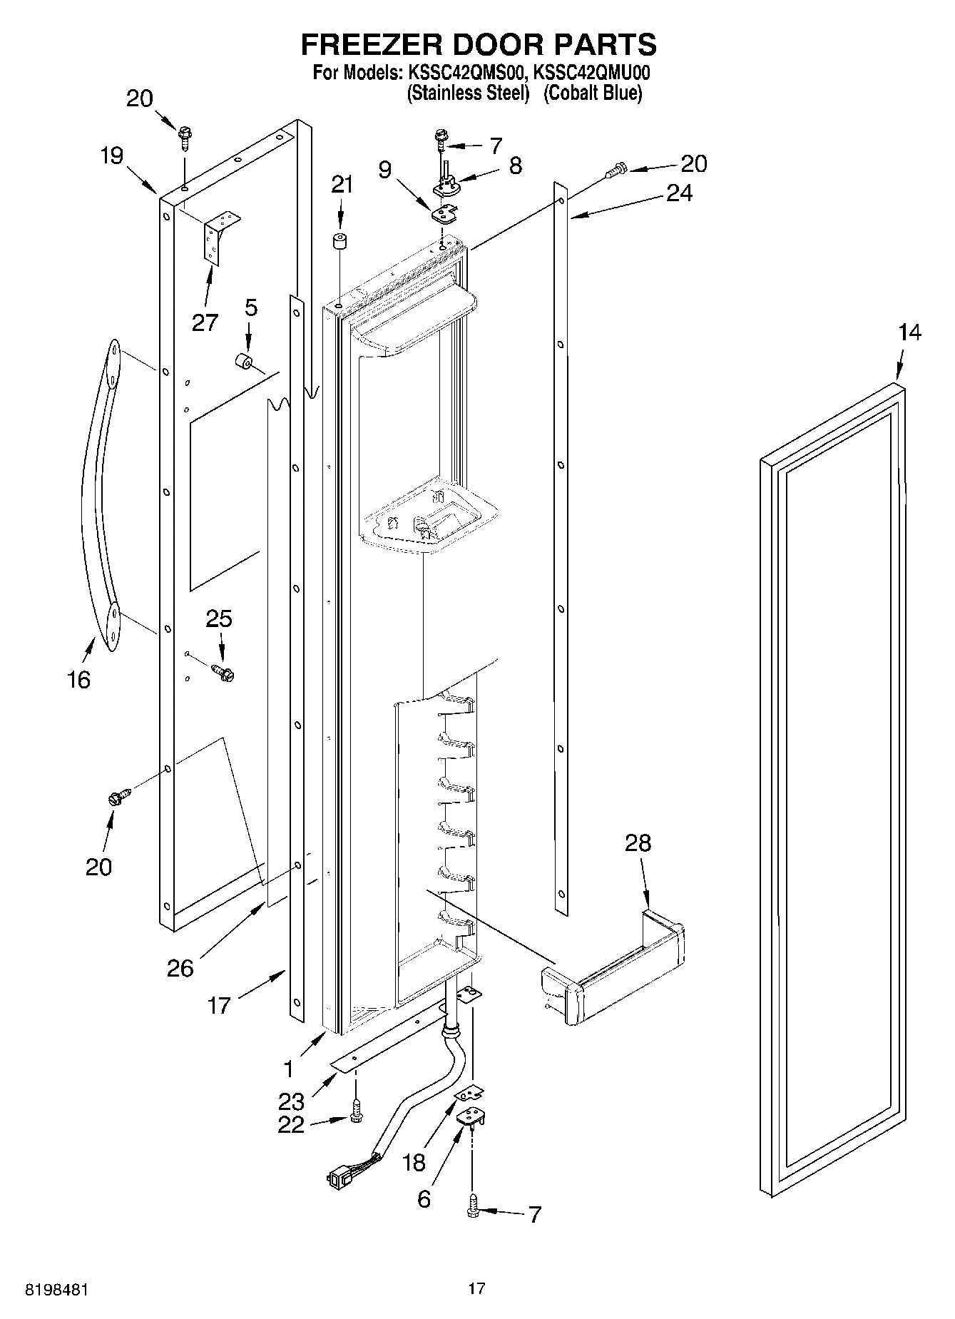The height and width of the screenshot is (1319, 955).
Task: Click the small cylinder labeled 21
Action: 339,240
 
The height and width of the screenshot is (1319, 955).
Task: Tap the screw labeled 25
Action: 224,672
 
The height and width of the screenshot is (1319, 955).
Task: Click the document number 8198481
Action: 58,1289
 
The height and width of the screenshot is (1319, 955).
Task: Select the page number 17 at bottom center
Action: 476,1288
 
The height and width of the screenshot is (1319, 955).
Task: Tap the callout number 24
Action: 678,193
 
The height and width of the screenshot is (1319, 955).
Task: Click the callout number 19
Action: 111,156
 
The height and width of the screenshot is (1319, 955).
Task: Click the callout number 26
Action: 180,967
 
